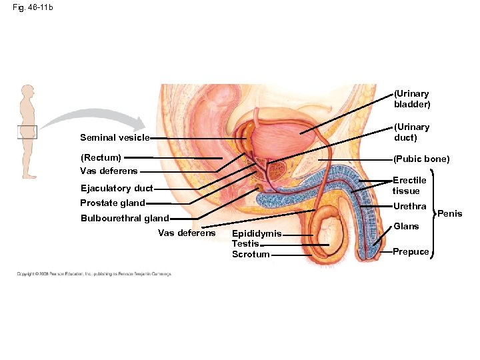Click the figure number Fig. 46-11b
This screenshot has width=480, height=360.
tap(34, 7)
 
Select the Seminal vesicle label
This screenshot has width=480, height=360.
tap(114, 138)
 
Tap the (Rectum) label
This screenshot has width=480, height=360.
tap(101, 158)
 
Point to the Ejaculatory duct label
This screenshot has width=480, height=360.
tap(116, 188)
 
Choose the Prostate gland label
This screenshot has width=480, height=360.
tap(112, 203)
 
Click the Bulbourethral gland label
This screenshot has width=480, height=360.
tap(124, 219)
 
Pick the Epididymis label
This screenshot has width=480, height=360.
tap(257, 234)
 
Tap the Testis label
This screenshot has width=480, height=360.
tap(245, 244)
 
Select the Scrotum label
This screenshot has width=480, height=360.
tap(251, 254)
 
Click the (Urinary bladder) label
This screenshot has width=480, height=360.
tap(412, 99)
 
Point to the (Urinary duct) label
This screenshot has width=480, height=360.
tap(412, 132)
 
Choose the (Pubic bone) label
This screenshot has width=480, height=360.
tap(421, 159)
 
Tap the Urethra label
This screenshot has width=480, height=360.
tap(409, 207)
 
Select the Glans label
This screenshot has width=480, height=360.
tap(406, 227)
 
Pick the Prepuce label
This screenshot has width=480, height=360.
tap(411, 251)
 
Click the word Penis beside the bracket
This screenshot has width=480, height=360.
tap(449, 214)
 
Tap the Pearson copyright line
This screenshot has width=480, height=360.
tap(93, 274)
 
